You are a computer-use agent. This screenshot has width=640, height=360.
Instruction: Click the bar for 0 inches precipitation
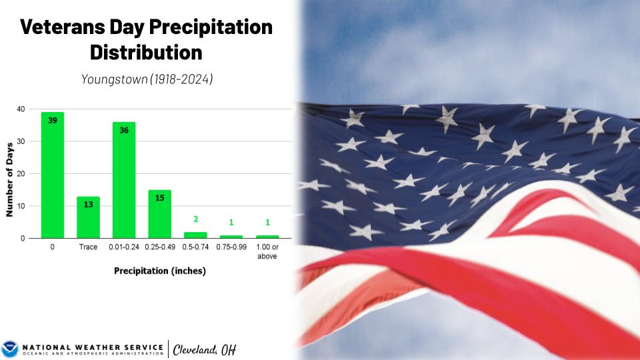click(x=53, y=175)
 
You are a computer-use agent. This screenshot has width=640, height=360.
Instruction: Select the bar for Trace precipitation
click(x=88, y=217)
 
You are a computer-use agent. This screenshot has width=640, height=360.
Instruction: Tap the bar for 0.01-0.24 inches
click(x=124, y=180)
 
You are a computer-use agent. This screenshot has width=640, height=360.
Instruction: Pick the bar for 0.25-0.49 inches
click(x=159, y=214)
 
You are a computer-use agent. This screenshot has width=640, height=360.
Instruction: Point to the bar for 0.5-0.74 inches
click(x=195, y=235)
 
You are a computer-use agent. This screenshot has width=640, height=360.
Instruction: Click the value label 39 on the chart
click(x=53, y=121)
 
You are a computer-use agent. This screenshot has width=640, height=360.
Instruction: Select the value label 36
click(x=124, y=130)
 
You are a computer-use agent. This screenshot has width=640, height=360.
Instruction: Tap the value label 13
click(x=88, y=205)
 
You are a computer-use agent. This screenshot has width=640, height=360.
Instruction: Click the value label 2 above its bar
click(x=196, y=219)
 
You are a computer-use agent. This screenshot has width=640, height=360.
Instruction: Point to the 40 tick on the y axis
click(x=21, y=109)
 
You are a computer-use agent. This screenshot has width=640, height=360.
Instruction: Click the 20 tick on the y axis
click(x=21, y=174)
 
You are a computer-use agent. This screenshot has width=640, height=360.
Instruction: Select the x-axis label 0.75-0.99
click(x=231, y=247)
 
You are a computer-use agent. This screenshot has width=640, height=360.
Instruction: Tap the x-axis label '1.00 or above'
click(x=267, y=251)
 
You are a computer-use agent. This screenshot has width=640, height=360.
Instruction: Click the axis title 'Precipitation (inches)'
click(x=160, y=271)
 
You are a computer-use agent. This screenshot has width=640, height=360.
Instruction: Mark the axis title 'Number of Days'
click(x=9, y=179)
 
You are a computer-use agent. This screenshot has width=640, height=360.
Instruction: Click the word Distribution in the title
click(x=146, y=53)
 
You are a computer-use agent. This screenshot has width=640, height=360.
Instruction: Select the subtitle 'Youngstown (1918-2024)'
click(x=147, y=79)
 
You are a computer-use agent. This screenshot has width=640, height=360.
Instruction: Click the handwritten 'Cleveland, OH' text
click(x=205, y=350)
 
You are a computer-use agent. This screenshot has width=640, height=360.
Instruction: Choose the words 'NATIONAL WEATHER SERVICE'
click(x=93, y=347)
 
